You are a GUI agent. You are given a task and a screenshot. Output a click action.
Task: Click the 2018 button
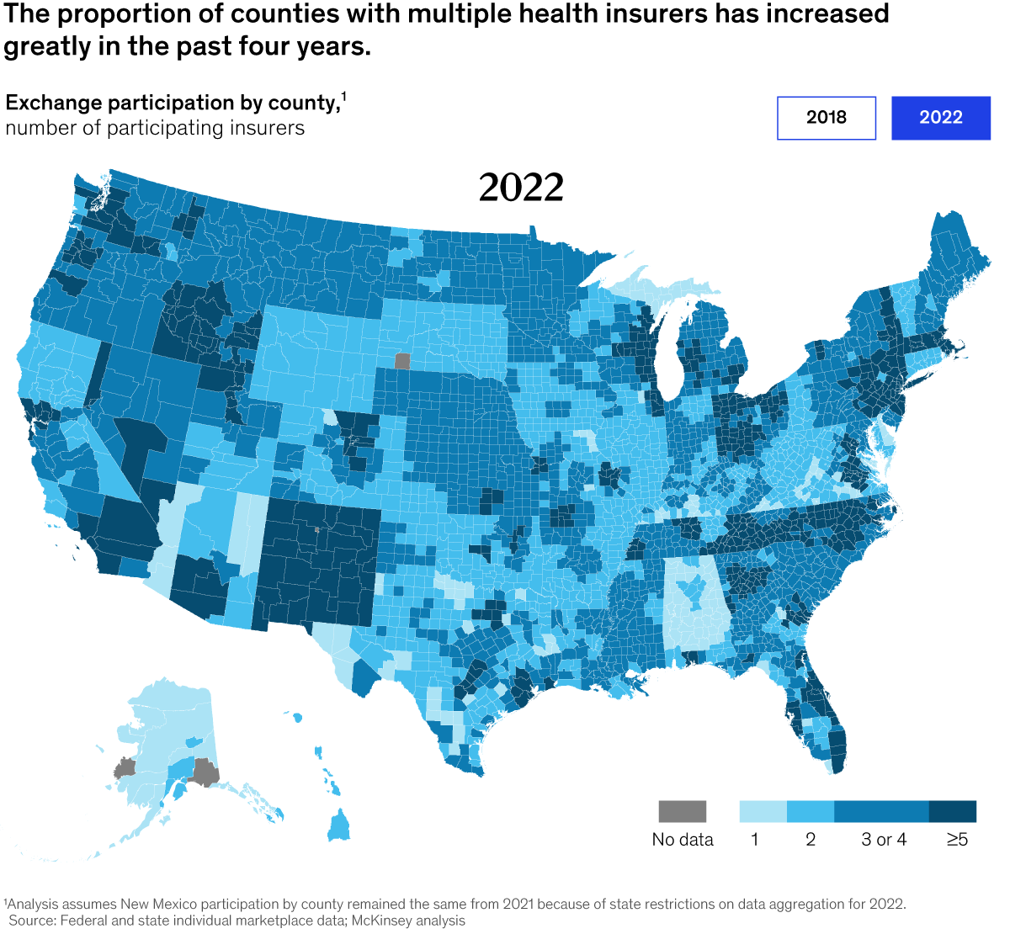pyautogui.click(x=826, y=118)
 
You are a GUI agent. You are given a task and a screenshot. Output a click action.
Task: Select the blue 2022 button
pyautogui.click(x=940, y=118)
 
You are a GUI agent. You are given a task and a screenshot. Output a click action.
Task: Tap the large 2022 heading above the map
pyautogui.click(x=521, y=188)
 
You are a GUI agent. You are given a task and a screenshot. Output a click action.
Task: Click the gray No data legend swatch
pyautogui.click(x=682, y=811)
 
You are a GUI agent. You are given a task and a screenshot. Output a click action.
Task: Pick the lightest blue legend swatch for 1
pyautogui.click(x=763, y=811)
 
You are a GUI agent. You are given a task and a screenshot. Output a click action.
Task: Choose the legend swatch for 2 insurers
pyautogui.click(x=810, y=811)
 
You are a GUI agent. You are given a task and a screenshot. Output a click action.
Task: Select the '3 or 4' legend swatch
pyautogui.click(x=881, y=811)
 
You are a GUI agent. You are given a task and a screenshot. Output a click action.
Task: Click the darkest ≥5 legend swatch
pyautogui.click(x=953, y=811)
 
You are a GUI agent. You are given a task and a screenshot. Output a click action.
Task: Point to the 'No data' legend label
pyautogui.click(x=682, y=840)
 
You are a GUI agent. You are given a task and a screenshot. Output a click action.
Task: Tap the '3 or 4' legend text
pyautogui.click(x=884, y=840)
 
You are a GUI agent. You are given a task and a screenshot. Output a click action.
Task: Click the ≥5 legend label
pyautogui.click(x=957, y=840)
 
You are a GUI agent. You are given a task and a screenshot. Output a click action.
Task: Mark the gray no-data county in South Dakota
pyautogui.click(x=401, y=361)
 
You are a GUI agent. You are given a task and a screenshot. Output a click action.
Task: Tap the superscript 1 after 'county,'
pyautogui.click(x=343, y=96)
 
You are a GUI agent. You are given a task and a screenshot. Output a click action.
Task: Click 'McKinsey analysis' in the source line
pyautogui.click(x=408, y=921)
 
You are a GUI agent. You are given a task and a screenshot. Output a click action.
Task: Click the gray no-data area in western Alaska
pyautogui.click(x=125, y=768)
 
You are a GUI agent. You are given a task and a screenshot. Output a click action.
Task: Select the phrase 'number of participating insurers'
pyautogui.click(x=155, y=128)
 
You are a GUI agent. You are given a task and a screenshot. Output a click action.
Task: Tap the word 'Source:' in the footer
pyautogui.click(x=32, y=921)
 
